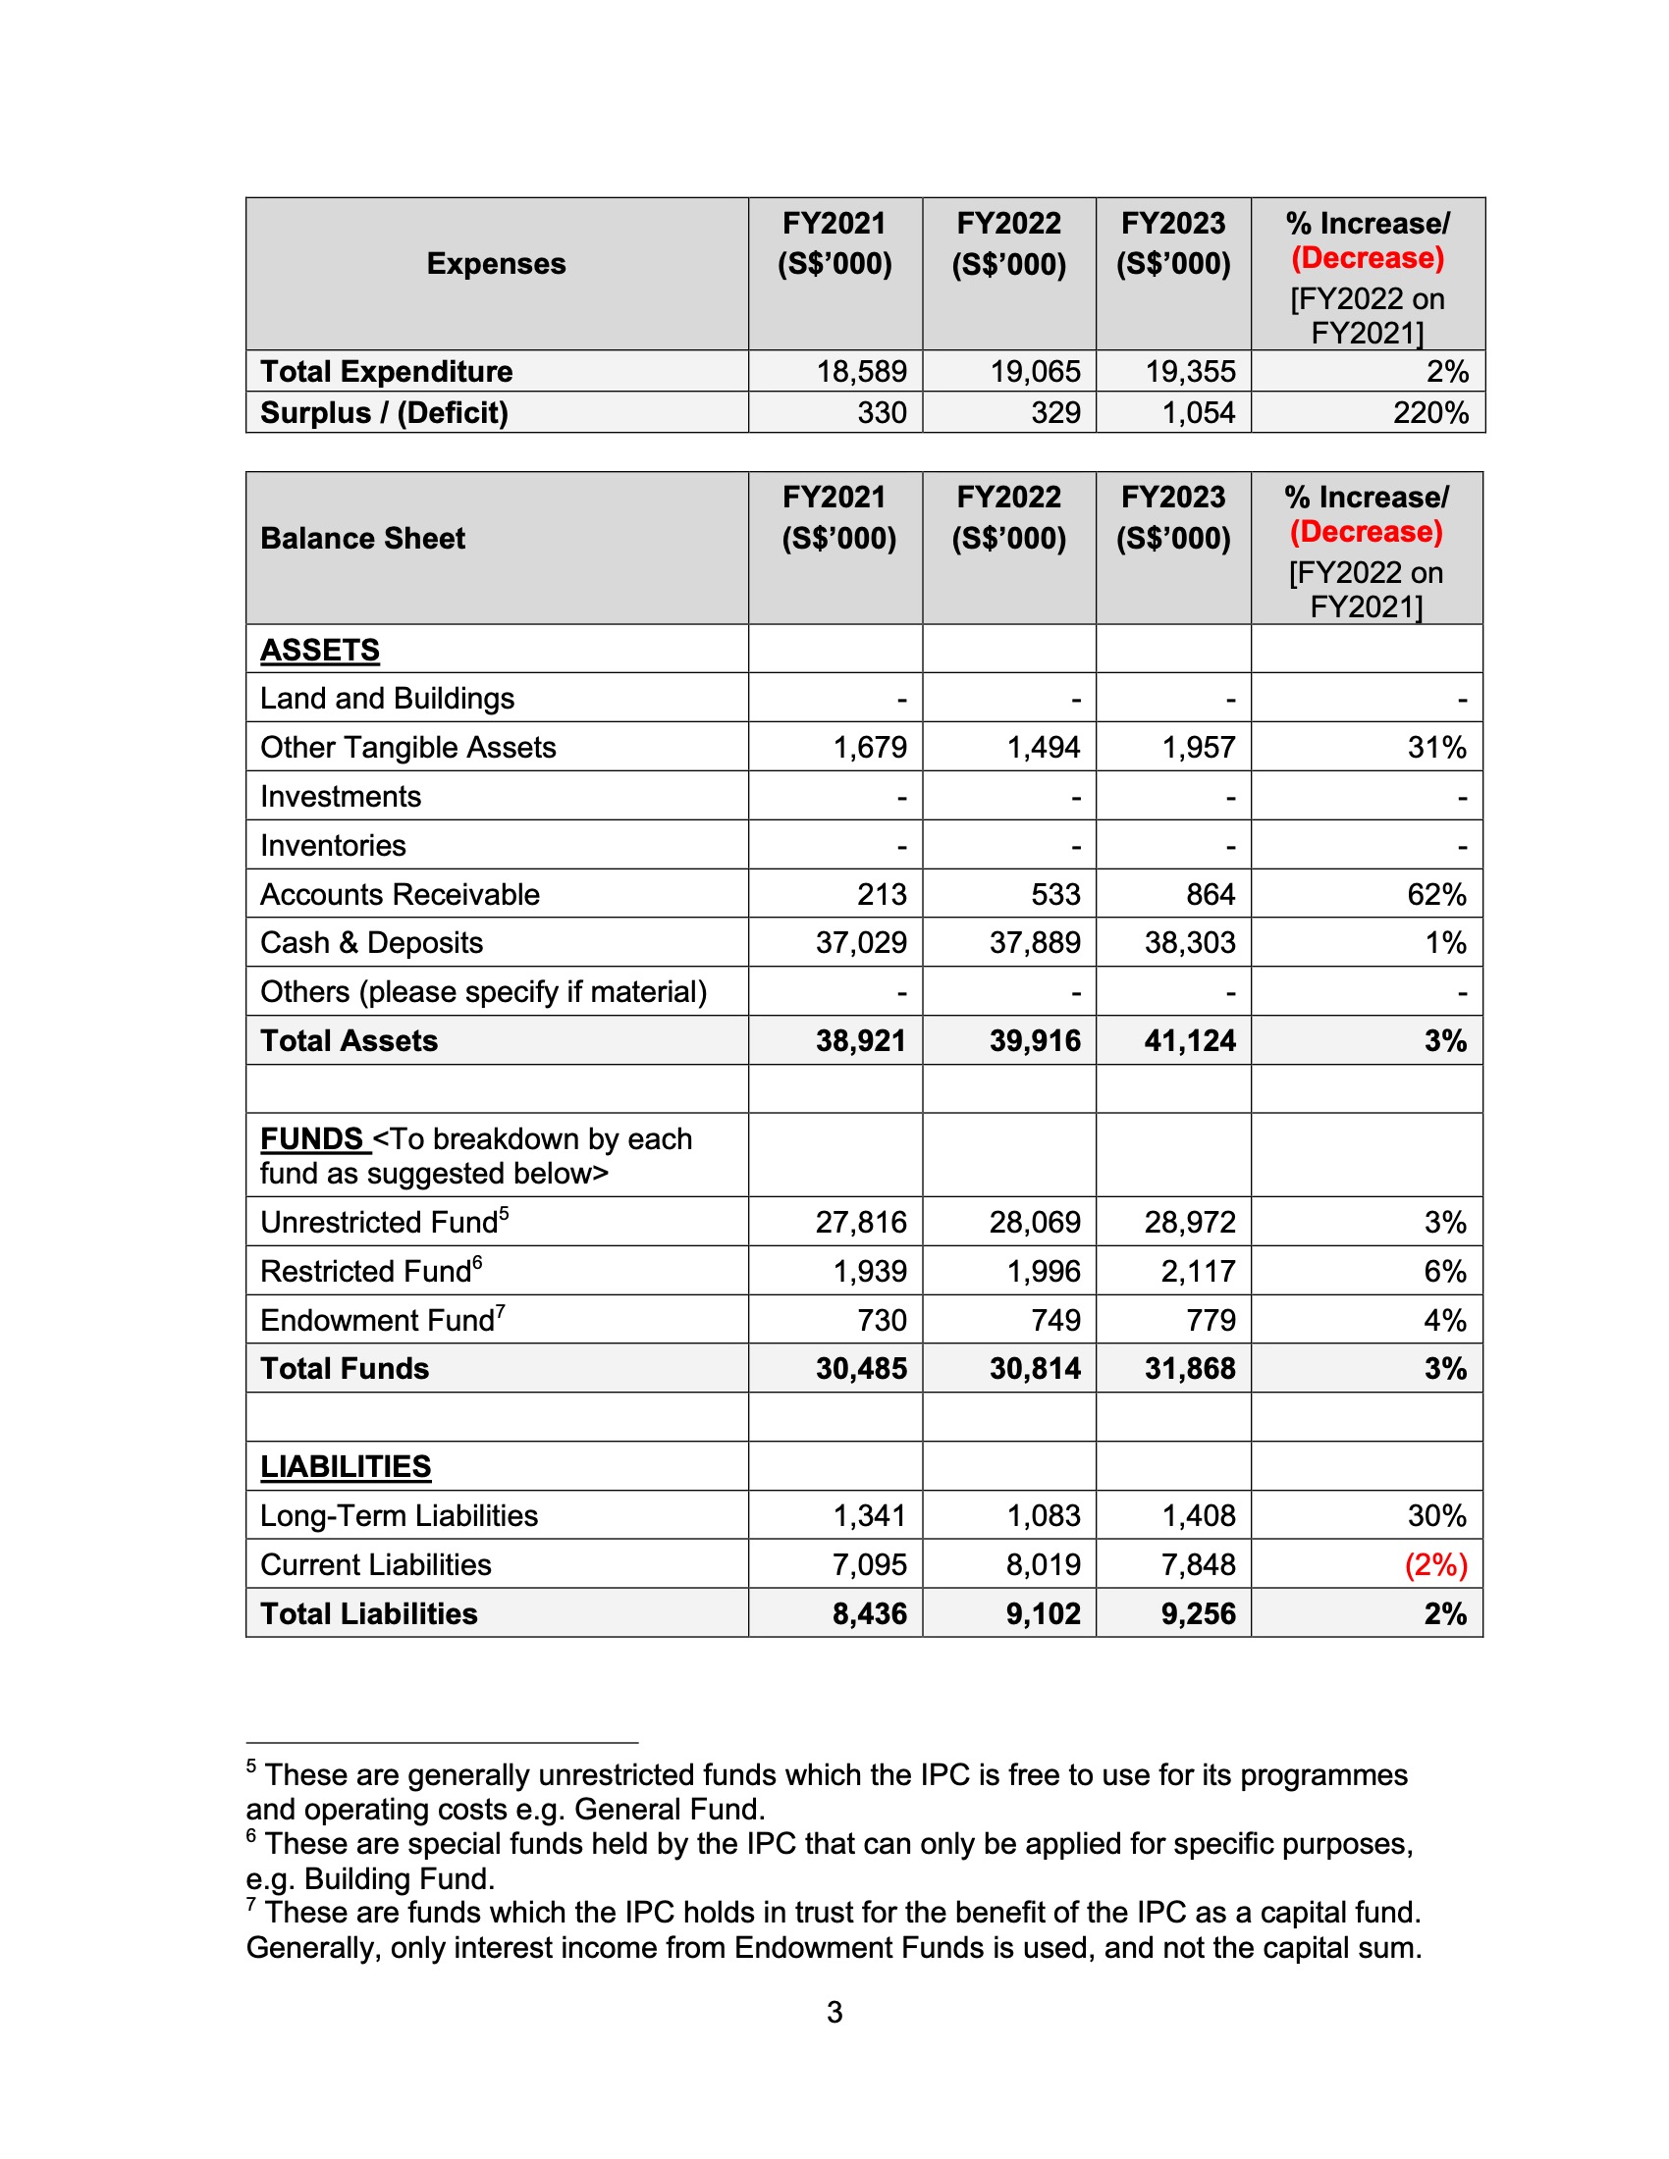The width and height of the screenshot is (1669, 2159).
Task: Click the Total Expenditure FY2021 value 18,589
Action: (860, 372)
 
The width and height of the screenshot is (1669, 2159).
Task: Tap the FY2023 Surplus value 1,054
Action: (1199, 412)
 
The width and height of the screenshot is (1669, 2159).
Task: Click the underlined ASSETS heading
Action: (319, 651)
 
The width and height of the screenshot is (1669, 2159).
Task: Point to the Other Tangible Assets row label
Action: (407, 748)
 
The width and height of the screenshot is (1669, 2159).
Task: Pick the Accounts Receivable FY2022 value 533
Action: (1055, 895)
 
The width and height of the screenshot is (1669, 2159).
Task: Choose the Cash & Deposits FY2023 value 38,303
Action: (1190, 943)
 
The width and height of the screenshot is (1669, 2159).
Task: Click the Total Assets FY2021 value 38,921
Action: (860, 1041)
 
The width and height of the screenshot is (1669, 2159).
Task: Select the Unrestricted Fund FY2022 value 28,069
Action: (1034, 1223)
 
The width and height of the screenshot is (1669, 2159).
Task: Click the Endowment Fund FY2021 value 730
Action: (882, 1321)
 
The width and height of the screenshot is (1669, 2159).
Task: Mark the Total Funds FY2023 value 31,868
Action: (1190, 1369)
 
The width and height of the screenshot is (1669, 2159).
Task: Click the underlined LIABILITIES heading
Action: (345, 1467)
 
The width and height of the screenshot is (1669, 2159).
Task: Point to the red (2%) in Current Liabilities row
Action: (1435, 1565)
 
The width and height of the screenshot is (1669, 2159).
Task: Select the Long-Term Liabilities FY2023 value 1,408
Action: (1199, 1516)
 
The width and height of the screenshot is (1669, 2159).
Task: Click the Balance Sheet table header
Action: (363, 539)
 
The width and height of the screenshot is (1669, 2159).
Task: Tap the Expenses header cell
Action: (497, 264)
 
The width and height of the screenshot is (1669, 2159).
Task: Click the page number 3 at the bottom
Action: (834, 2013)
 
